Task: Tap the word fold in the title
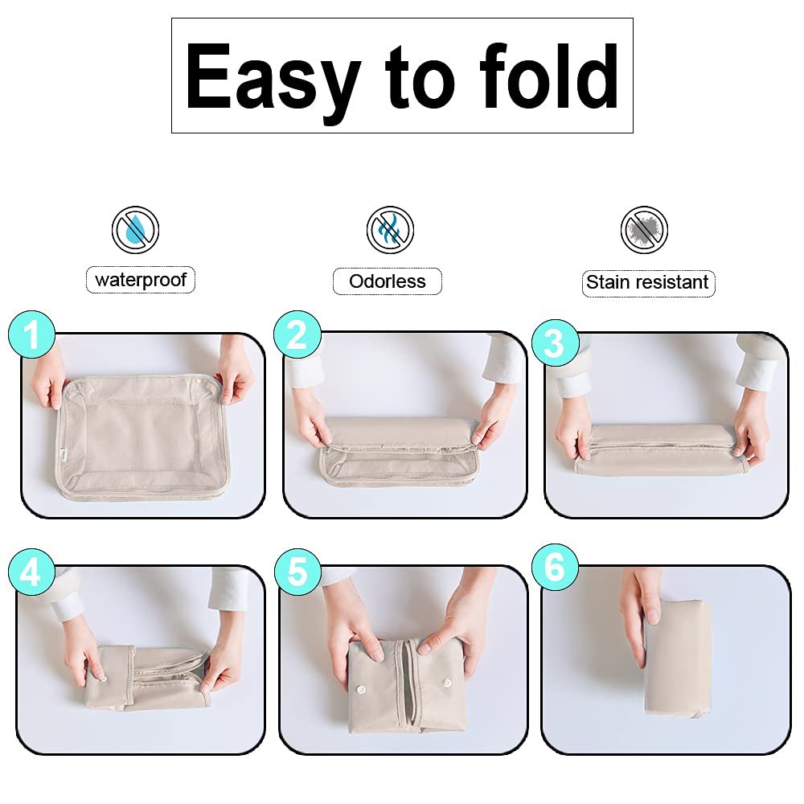(548, 76)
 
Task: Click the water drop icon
(135, 230)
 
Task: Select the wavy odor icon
(390, 230)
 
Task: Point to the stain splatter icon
(645, 230)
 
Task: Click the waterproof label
(141, 280)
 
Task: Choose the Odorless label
(388, 281)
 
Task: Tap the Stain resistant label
(648, 283)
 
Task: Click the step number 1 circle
(32, 334)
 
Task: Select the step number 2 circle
(297, 334)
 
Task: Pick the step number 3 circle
(556, 343)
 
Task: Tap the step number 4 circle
(32, 572)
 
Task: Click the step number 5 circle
(298, 572)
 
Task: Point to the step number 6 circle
(556, 568)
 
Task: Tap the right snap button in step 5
(446, 683)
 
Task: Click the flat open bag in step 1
(140, 436)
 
